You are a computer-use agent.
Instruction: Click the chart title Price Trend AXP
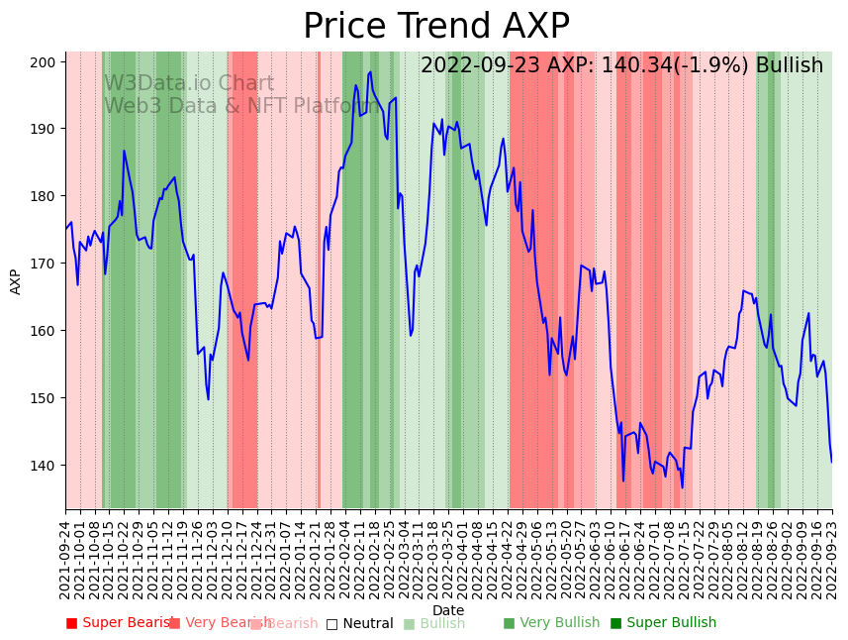pyautogui.click(x=435, y=27)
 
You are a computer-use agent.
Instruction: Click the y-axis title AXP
pyautogui.click(x=16, y=281)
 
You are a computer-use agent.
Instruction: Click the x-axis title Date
pyautogui.click(x=448, y=610)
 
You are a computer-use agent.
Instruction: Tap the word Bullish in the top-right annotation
pyautogui.click(x=789, y=66)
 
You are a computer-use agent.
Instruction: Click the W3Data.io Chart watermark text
pyautogui.click(x=189, y=84)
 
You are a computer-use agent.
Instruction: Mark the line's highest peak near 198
pyautogui.click(x=370, y=71)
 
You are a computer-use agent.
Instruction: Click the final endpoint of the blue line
pyautogui.click(x=831, y=462)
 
